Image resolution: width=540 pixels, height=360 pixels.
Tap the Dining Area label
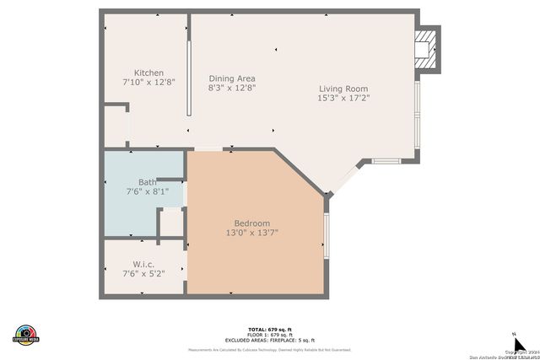tap(232, 78)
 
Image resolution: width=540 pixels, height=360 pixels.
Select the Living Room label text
tap(343, 89)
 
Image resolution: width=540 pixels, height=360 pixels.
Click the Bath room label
tap(147, 182)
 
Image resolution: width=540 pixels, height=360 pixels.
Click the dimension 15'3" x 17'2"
tap(343, 98)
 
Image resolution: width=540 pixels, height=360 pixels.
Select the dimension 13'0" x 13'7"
tap(251, 233)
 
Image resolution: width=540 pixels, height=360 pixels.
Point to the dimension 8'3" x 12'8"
tap(232, 88)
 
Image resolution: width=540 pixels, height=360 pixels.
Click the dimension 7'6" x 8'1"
tap(147, 191)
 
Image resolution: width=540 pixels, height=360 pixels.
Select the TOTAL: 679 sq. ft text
tap(270, 329)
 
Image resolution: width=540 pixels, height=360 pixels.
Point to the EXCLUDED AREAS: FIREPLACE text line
tap(270, 339)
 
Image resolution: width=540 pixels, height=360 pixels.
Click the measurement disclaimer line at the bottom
tap(270, 349)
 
